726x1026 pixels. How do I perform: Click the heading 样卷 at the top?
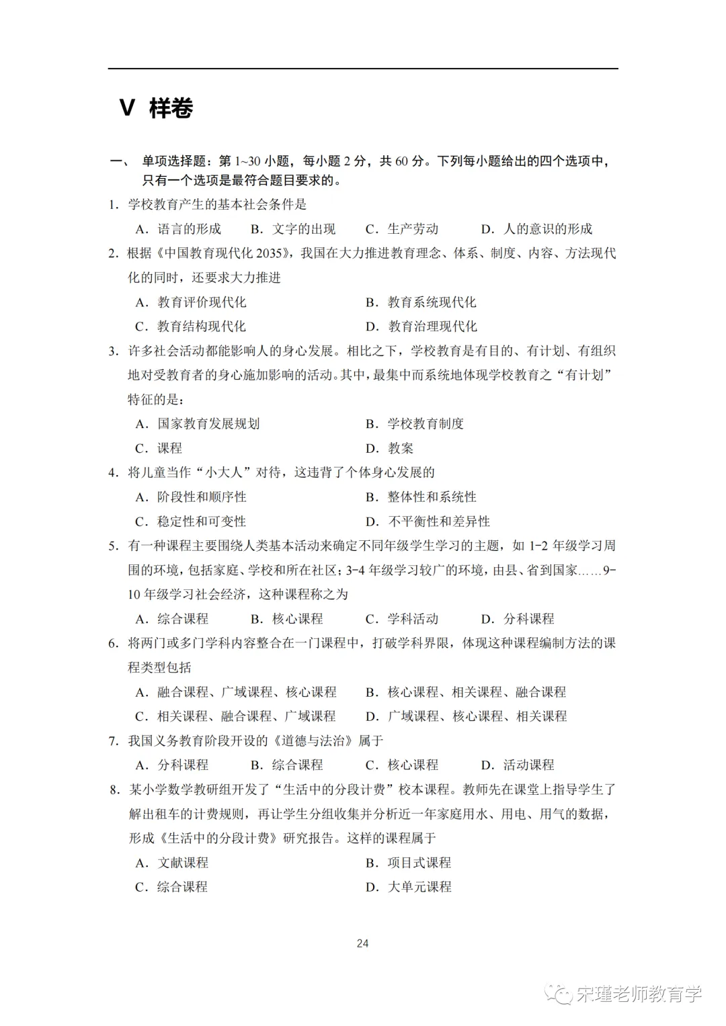(x=171, y=108)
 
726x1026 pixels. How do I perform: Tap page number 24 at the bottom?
(x=362, y=943)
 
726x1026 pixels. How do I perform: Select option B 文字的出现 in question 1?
(x=293, y=229)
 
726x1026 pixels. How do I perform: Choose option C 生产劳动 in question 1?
(x=402, y=229)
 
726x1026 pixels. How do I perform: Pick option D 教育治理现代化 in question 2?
(x=421, y=327)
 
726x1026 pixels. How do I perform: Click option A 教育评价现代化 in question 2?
(x=191, y=302)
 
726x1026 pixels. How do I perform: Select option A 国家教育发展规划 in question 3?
(x=198, y=424)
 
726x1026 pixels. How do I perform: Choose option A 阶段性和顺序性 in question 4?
(x=191, y=497)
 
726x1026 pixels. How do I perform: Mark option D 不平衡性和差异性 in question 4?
(x=428, y=521)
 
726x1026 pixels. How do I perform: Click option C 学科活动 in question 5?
(x=402, y=619)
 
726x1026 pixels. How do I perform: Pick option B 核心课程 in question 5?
(x=287, y=619)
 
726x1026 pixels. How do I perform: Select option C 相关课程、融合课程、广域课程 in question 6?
(x=235, y=716)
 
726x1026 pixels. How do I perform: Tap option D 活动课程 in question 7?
(x=518, y=765)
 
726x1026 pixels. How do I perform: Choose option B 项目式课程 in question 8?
(x=409, y=863)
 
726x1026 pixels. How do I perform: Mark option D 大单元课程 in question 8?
(x=409, y=887)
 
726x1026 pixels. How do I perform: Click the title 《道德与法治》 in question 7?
(x=313, y=740)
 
